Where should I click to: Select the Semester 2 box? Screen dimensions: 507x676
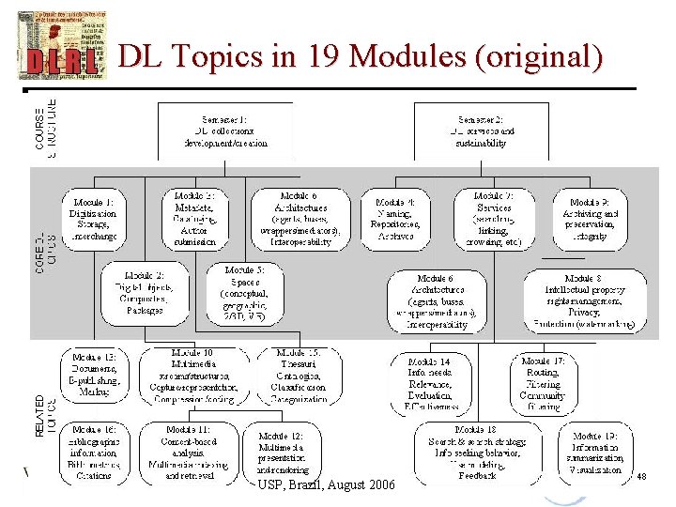(x=482, y=130)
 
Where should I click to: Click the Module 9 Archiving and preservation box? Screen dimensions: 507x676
(x=599, y=219)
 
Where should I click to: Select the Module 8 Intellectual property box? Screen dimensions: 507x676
(x=585, y=300)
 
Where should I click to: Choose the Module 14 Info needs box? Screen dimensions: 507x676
(x=431, y=383)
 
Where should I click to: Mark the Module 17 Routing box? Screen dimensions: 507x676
(x=544, y=383)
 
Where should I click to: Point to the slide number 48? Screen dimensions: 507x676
(x=642, y=478)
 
